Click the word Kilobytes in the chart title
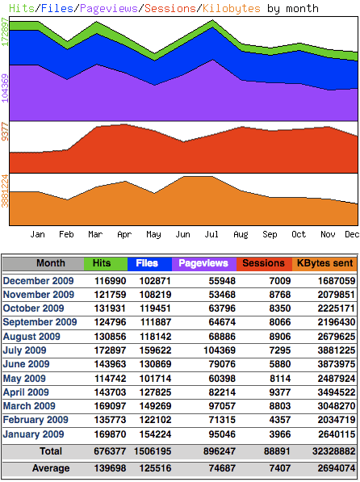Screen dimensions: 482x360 pos(232,8)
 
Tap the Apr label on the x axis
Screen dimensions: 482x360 pos(124,234)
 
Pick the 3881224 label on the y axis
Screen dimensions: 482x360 pos(6,191)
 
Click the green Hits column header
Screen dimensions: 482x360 pos(103,263)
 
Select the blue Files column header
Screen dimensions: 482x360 pos(147,263)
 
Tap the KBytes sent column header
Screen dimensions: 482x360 pos(324,263)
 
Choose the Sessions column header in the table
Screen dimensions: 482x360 pos(263,263)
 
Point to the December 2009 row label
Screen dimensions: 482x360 pos(39,280)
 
